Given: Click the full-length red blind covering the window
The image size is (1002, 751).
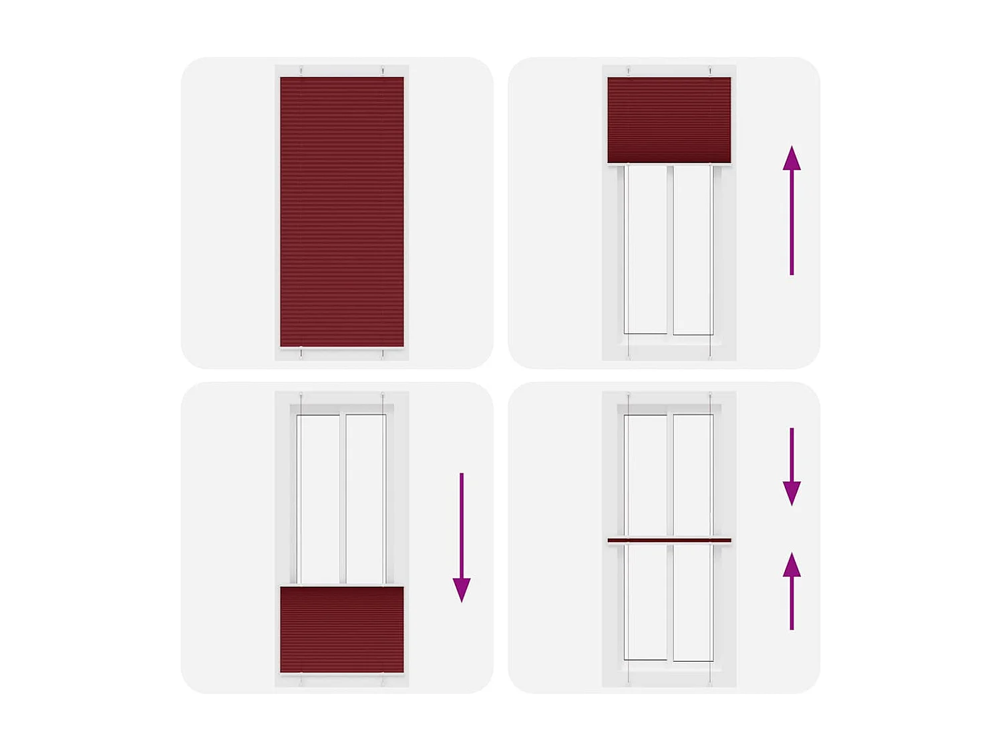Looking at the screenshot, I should click(x=342, y=212).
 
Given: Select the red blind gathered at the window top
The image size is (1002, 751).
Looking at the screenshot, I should click(x=669, y=119).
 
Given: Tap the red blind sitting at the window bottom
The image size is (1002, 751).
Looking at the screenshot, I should click(x=342, y=629).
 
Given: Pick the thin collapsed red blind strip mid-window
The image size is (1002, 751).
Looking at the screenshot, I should click(x=669, y=540).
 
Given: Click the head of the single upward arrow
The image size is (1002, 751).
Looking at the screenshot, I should click(x=792, y=158).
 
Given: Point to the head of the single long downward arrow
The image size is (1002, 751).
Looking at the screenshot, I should click(x=462, y=589).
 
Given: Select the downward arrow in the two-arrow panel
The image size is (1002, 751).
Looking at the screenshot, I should click(x=792, y=467).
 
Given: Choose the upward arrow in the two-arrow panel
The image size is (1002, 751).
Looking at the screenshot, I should click(x=792, y=591).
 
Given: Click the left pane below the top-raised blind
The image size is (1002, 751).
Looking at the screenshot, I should click(x=646, y=250).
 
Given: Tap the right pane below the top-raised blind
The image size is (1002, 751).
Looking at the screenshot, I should click(x=693, y=250).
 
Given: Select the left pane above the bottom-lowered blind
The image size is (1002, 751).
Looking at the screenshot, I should click(x=319, y=499).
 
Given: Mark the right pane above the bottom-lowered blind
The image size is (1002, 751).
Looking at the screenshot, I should click(x=365, y=499).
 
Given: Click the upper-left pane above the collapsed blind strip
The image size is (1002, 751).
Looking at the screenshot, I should click(x=646, y=475).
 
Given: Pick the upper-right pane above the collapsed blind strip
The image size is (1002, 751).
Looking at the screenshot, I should click(x=693, y=475).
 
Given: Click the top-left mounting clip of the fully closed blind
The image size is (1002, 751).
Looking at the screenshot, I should click(x=301, y=70).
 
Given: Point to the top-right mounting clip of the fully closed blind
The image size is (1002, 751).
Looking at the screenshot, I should click(x=383, y=70).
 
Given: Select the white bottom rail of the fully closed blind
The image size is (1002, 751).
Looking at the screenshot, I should click(x=342, y=348).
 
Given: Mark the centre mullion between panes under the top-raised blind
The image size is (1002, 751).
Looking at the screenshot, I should click(x=669, y=250).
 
